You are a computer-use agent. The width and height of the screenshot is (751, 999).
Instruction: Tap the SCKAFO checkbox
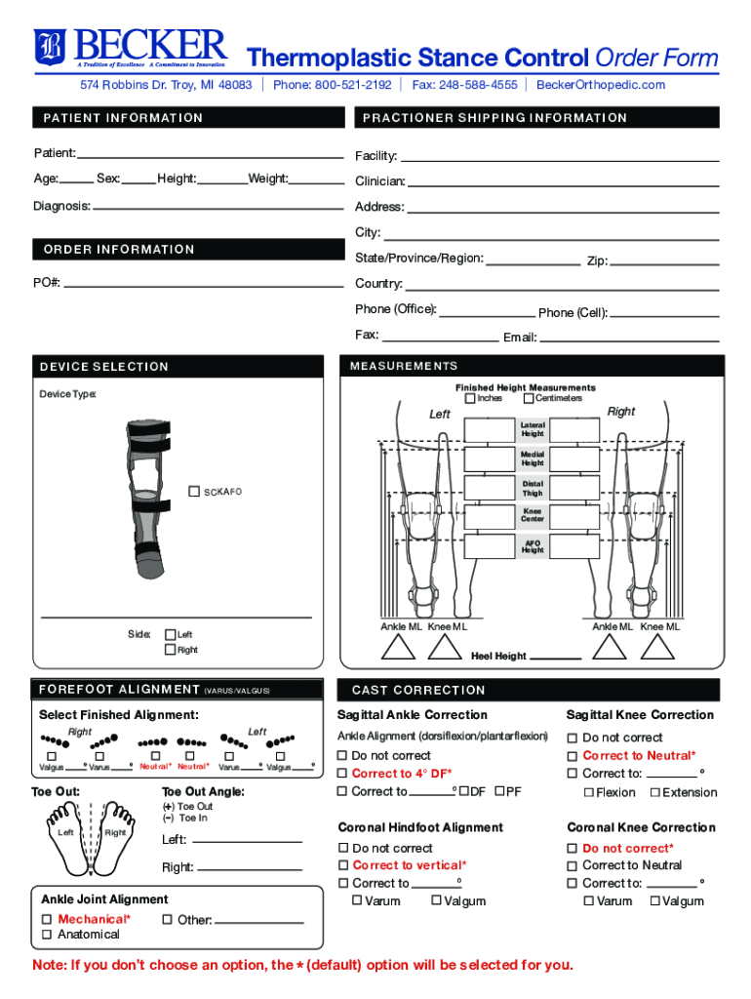(x=195, y=491)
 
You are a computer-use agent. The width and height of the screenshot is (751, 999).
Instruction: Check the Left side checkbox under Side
(x=170, y=635)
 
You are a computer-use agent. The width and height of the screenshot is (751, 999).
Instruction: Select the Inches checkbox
(x=470, y=398)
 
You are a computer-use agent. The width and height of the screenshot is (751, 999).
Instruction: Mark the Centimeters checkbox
(x=529, y=398)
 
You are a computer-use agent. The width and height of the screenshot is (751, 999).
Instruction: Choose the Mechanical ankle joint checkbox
(x=47, y=920)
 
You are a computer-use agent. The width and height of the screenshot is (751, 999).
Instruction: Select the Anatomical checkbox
(x=47, y=935)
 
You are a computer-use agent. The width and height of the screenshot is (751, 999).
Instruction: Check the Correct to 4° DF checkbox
(x=342, y=774)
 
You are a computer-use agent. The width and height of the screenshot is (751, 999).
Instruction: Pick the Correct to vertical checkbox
(x=343, y=865)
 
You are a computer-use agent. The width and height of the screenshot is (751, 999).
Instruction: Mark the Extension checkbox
(x=654, y=792)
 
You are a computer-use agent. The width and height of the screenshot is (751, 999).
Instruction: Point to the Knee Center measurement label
(x=533, y=515)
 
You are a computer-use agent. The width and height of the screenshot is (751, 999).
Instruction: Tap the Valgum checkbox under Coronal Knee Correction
(x=654, y=901)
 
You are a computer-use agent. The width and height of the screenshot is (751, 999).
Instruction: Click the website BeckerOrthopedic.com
(x=601, y=85)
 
